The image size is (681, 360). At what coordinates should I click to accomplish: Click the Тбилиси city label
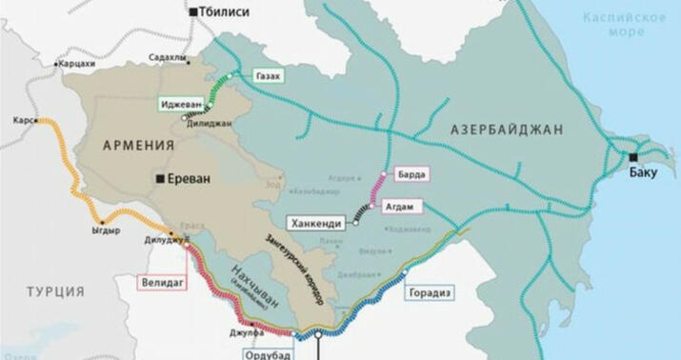point(227,11)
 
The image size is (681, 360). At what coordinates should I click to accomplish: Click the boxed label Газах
point(268,75)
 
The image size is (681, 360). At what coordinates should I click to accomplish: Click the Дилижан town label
point(210,123)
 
